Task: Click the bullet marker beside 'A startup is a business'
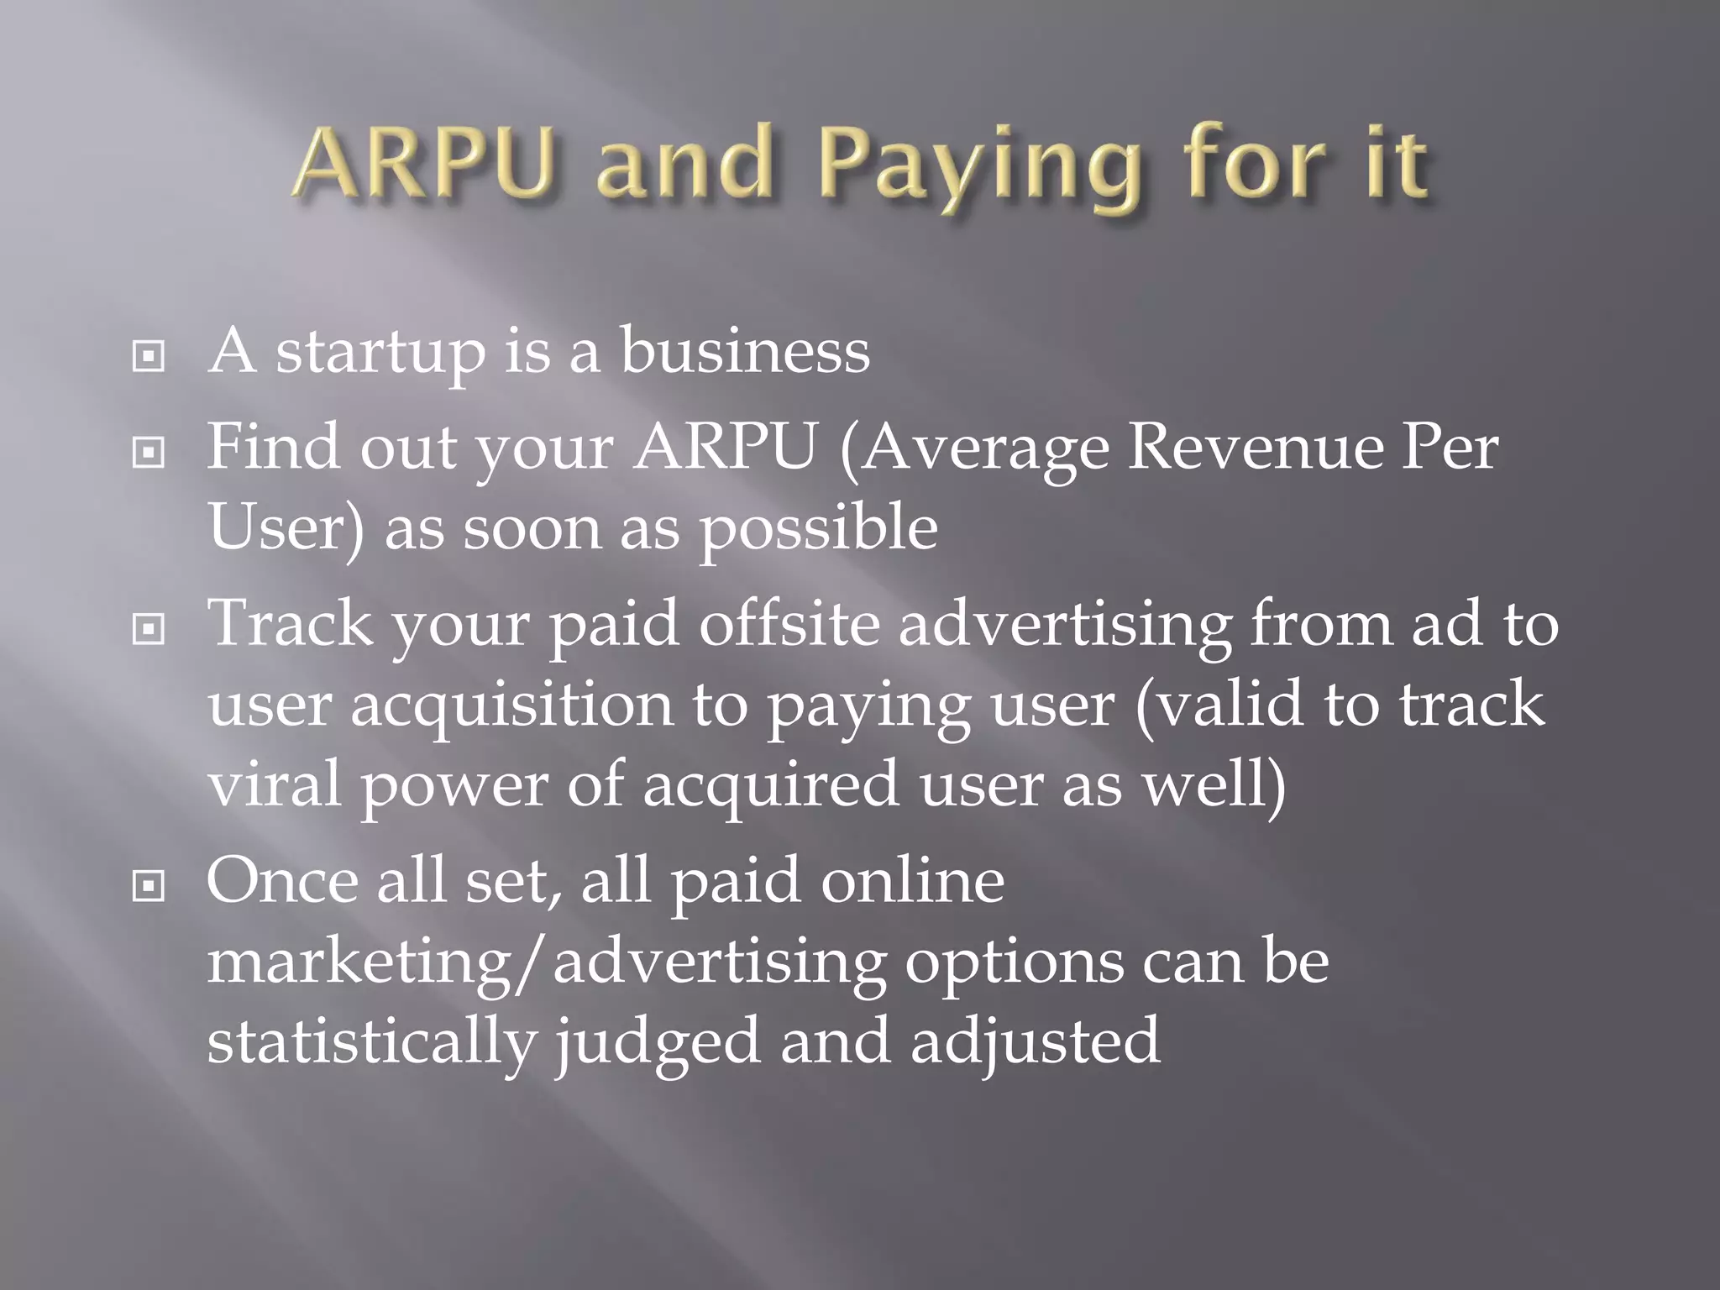[149, 356]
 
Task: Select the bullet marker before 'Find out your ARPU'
[149, 453]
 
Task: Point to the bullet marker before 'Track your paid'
[149, 629]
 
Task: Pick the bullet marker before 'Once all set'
[149, 885]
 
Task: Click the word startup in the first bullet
[380, 353]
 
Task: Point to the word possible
[819, 529]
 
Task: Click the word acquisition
[511, 705]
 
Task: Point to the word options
[1014, 962]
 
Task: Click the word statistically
[371, 1041]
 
